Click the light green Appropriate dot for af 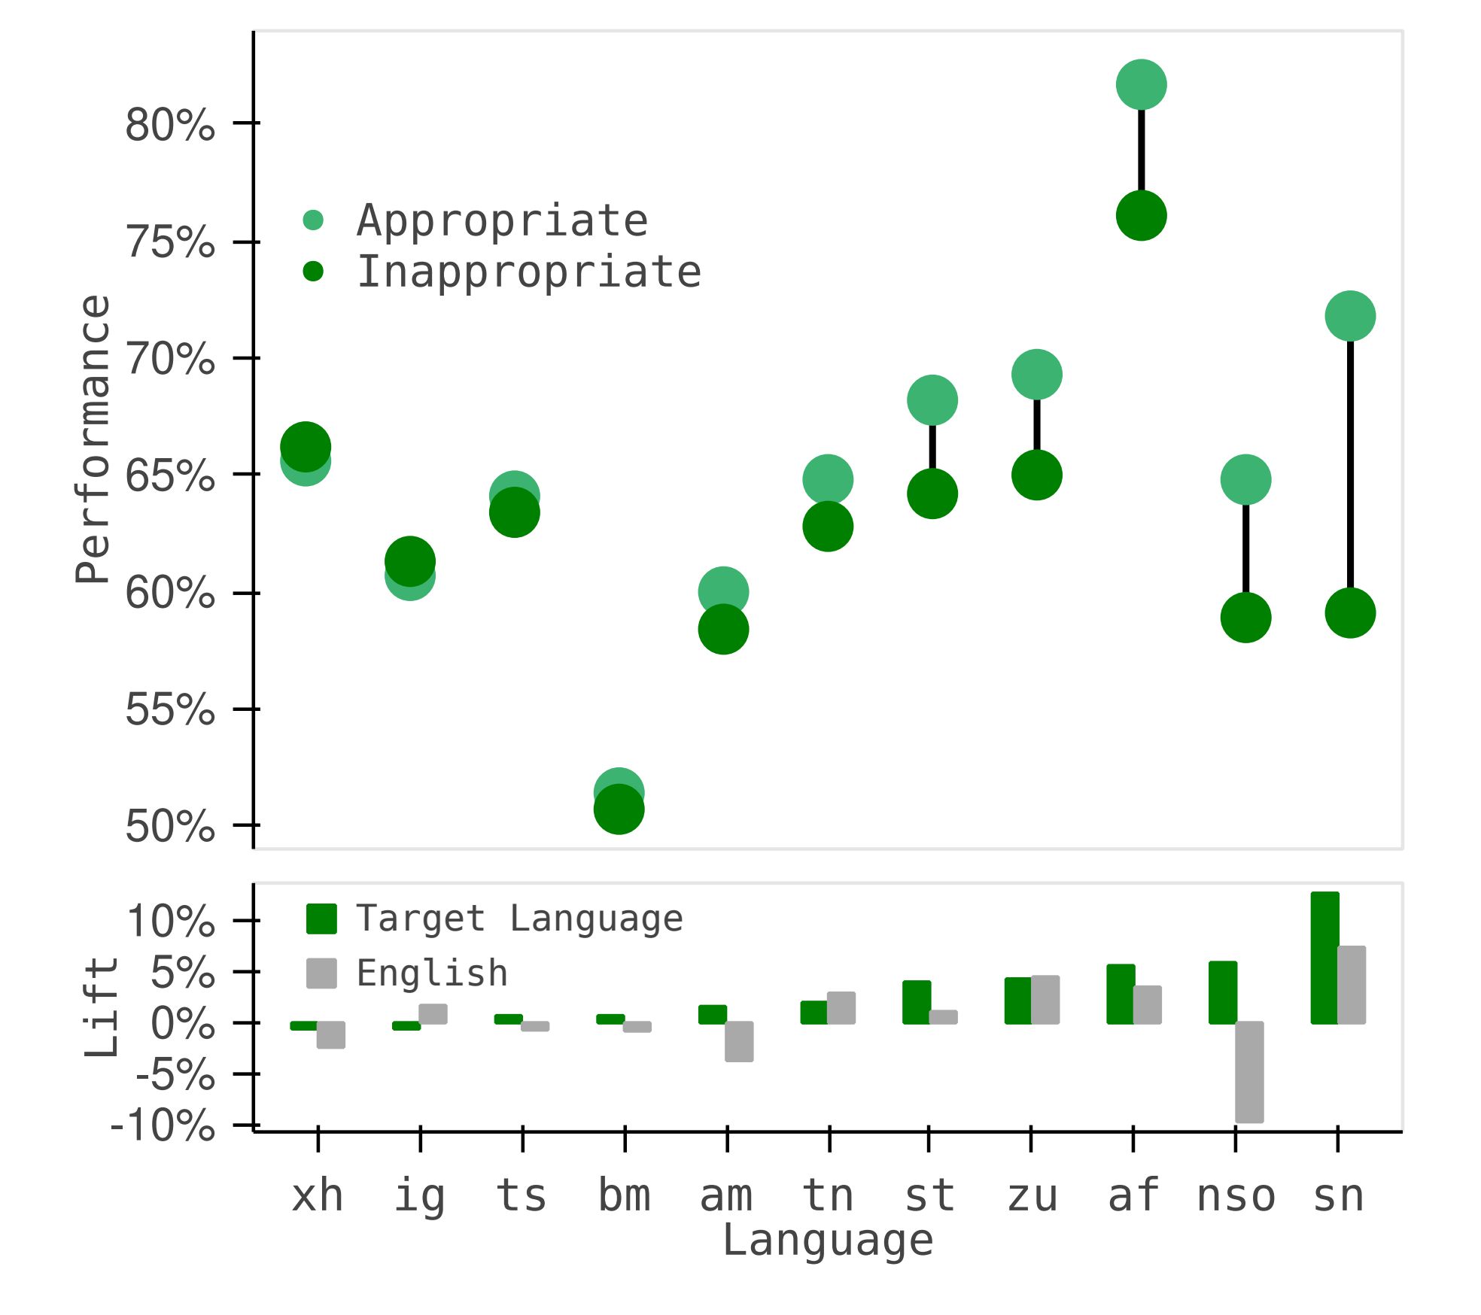coord(1141,84)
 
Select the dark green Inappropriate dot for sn coord(1350,613)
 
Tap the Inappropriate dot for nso coord(1245,618)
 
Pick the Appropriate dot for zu coord(1036,374)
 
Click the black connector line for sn coord(1350,466)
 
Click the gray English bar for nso coord(1249,1072)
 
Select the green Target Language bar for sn coord(1324,958)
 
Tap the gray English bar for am coord(739,1041)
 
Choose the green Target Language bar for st coord(917,1002)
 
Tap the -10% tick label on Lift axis coord(163,1126)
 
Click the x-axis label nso coord(1236,1196)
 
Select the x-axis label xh coord(318,1196)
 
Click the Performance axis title coord(93,439)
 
